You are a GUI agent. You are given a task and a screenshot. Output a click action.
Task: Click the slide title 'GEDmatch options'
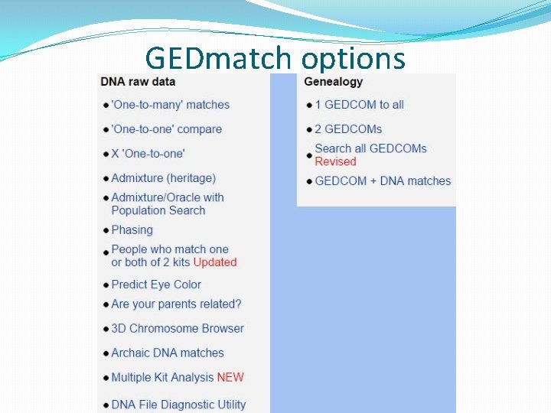click(275, 58)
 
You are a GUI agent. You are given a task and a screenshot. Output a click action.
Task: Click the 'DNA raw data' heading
click(138, 82)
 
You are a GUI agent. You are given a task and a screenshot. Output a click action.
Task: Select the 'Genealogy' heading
click(334, 82)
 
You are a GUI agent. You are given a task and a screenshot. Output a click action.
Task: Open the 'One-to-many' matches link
click(170, 105)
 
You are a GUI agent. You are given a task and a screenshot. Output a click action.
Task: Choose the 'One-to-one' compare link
click(166, 129)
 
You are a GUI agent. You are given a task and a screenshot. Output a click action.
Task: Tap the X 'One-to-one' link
click(148, 154)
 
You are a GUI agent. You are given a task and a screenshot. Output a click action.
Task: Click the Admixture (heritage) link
click(163, 178)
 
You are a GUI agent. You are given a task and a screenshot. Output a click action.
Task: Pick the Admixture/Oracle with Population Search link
click(167, 203)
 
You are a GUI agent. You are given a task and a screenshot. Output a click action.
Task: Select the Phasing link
click(132, 229)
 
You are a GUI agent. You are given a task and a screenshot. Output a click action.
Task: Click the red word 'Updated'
click(215, 262)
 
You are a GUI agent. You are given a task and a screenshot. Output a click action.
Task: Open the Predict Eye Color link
click(156, 285)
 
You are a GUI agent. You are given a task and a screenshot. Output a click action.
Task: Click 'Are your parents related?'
click(176, 304)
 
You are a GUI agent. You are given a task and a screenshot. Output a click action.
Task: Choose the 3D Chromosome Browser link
click(178, 328)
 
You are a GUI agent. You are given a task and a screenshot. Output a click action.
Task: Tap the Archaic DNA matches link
click(168, 353)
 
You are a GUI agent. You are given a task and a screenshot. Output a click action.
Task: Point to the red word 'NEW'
click(230, 377)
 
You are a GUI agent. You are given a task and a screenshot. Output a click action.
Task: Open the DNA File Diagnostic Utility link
click(178, 404)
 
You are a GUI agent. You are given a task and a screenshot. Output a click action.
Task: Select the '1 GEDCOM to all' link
click(359, 105)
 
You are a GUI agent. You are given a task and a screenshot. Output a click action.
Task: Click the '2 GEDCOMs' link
click(348, 129)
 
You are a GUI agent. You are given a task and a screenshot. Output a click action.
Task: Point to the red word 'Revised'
click(335, 161)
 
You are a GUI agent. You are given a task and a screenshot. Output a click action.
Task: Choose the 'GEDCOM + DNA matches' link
click(383, 181)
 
